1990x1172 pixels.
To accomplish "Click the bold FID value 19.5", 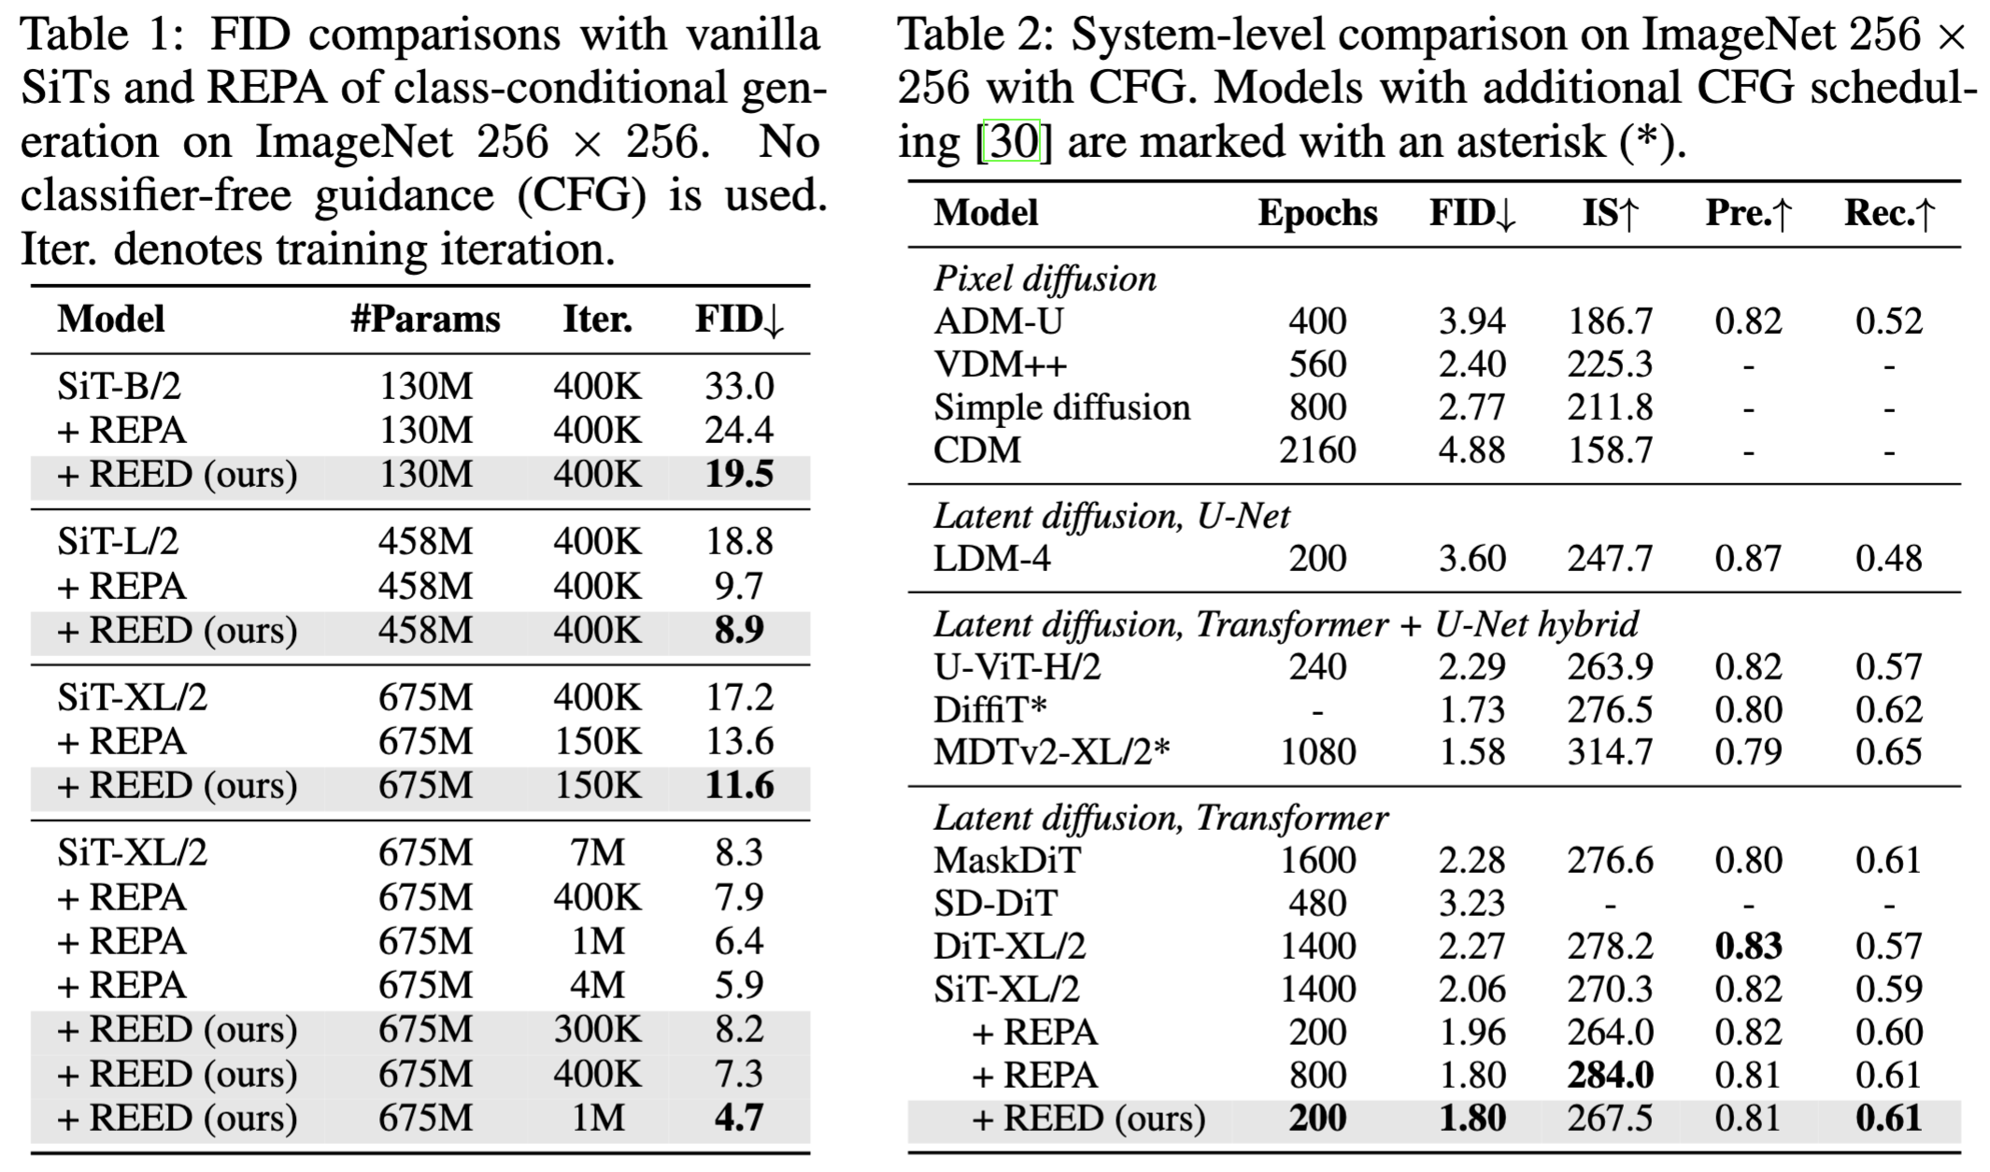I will click(x=739, y=475).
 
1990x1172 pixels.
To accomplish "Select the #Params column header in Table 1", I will click(x=425, y=320).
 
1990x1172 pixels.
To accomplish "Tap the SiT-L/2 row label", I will click(x=118, y=542).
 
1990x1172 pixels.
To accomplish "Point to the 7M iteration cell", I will click(x=597, y=853).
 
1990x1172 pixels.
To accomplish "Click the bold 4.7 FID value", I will click(x=739, y=1118).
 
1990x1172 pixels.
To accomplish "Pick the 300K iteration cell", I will click(x=597, y=1030).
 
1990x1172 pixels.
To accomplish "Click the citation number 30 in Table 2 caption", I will click(x=1014, y=142).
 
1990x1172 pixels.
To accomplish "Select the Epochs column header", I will click(x=1317, y=213).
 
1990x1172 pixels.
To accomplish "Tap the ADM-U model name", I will click(x=999, y=322).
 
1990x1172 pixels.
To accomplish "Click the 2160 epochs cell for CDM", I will click(x=1317, y=450).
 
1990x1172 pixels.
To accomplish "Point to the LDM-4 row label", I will click(x=992, y=559).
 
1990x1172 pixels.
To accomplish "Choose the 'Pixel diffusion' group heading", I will click(x=1045, y=279).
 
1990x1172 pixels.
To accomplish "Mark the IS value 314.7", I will click(x=1610, y=752).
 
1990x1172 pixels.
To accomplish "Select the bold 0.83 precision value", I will click(x=1748, y=947).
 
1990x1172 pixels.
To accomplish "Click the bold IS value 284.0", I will click(x=1610, y=1076).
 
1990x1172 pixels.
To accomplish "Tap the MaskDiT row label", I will click(x=1007, y=861).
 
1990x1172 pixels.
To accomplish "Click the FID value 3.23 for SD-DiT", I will click(x=1471, y=904).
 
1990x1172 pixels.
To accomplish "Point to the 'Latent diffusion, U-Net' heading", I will click(x=1112, y=516).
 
